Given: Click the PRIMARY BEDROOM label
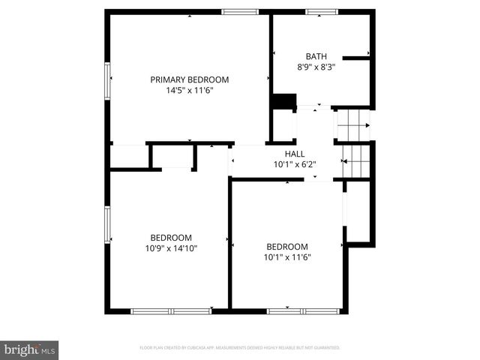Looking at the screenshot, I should (189, 79).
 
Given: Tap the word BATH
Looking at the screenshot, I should (316, 56).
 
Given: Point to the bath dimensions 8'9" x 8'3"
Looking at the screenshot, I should (316, 67).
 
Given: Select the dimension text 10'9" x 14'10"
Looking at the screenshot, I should (171, 248).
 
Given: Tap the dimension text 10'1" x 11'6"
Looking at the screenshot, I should (287, 257).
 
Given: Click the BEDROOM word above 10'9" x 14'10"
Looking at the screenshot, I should (171, 237).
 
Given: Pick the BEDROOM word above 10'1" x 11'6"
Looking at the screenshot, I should (287, 247).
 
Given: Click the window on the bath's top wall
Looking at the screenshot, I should (321, 11).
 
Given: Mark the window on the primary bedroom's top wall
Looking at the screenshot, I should (240, 11).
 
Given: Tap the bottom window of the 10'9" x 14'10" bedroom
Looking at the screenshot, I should (171, 310).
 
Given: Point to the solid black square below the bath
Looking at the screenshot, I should (283, 103).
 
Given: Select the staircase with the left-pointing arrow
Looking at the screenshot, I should (356, 160).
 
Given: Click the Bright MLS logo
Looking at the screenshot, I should (30, 349).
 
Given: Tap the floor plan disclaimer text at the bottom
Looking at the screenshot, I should (240, 348).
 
